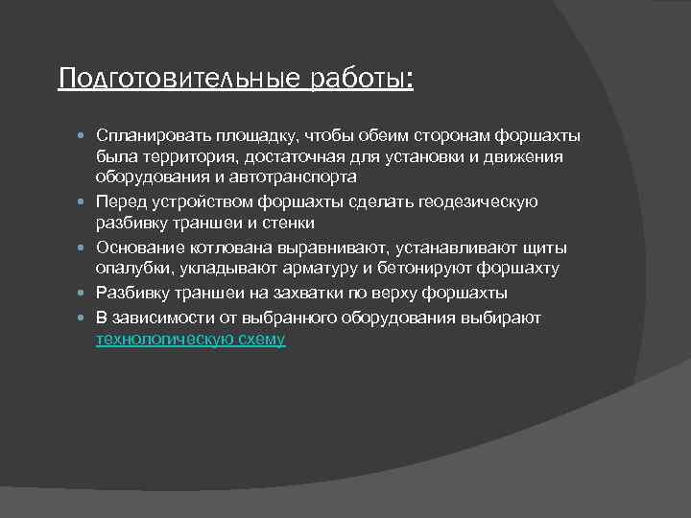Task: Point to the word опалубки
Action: [130, 270]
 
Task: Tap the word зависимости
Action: [157, 318]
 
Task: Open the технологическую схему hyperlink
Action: [190, 340]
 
